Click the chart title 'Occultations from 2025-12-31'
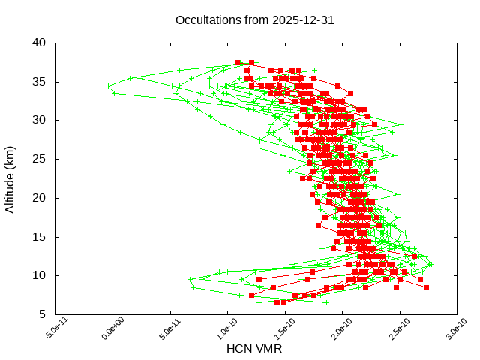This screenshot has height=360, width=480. click(x=254, y=19)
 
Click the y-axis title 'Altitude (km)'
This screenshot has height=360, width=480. click(x=10, y=178)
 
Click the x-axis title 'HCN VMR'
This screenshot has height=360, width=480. click(x=254, y=349)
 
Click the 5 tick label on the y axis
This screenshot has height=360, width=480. click(x=43, y=314)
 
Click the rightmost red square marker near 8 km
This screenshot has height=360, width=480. click(x=426, y=287)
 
